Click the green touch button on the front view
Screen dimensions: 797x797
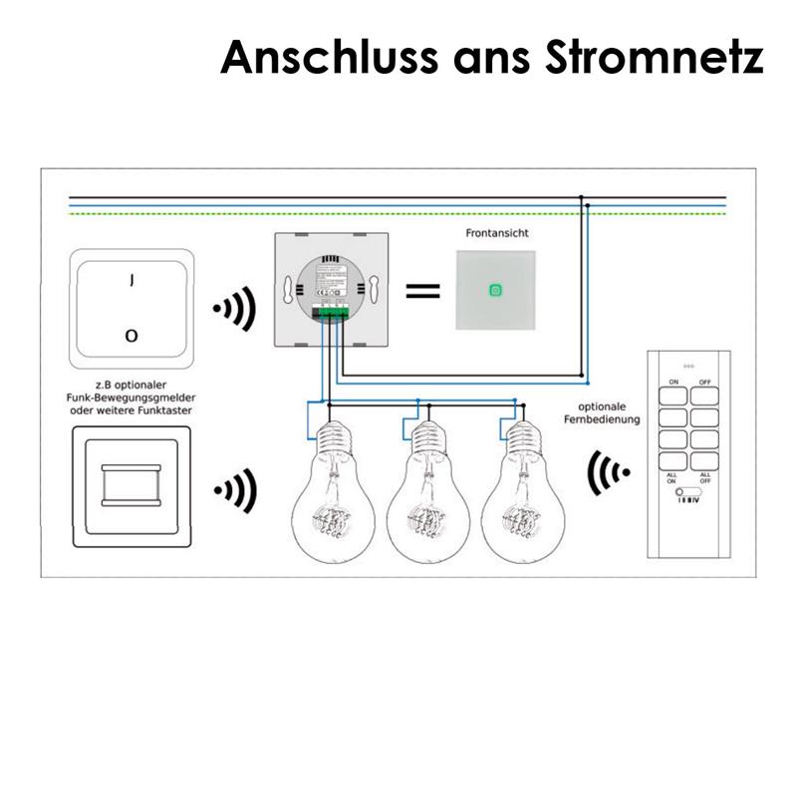pyautogui.click(x=495, y=291)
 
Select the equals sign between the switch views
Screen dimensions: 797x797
pyautogui.click(x=422, y=291)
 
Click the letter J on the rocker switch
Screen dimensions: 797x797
pyautogui.click(x=132, y=282)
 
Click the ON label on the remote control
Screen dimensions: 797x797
pyautogui.click(x=674, y=382)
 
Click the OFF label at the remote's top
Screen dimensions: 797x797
pyautogui.click(x=705, y=382)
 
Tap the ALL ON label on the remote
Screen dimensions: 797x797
pyautogui.click(x=672, y=478)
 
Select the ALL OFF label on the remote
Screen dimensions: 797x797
pyautogui.click(x=705, y=478)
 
